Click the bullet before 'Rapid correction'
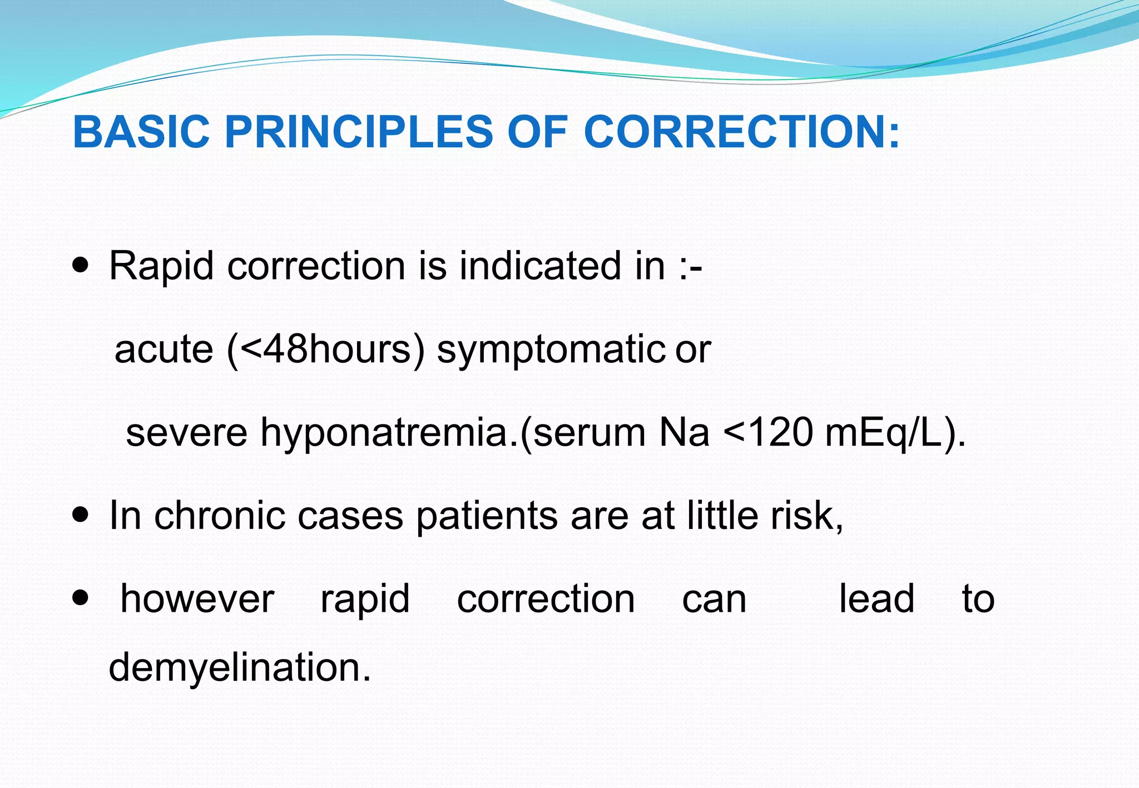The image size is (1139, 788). click(81, 266)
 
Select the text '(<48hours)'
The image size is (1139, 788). click(325, 350)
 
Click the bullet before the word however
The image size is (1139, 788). click(81, 599)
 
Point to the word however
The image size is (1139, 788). click(197, 599)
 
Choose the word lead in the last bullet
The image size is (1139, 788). click(876, 599)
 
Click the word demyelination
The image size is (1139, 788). click(239, 667)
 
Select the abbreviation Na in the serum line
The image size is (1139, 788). click(684, 433)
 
